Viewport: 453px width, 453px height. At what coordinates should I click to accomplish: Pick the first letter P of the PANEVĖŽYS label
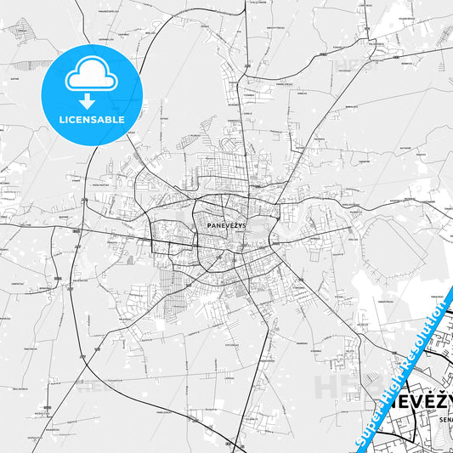pos(208,225)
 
